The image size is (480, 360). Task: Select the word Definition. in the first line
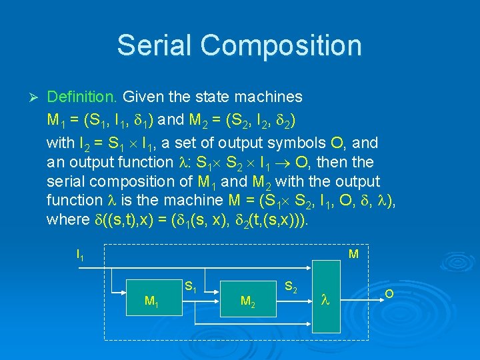point(83,97)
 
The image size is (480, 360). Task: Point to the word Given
point(143,97)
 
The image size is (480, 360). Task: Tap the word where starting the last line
point(65,220)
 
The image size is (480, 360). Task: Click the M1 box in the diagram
point(152,300)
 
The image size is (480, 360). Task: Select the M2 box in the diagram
point(247,300)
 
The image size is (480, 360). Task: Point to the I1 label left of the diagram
point(81,255)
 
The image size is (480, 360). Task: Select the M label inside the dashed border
point(354,254)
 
